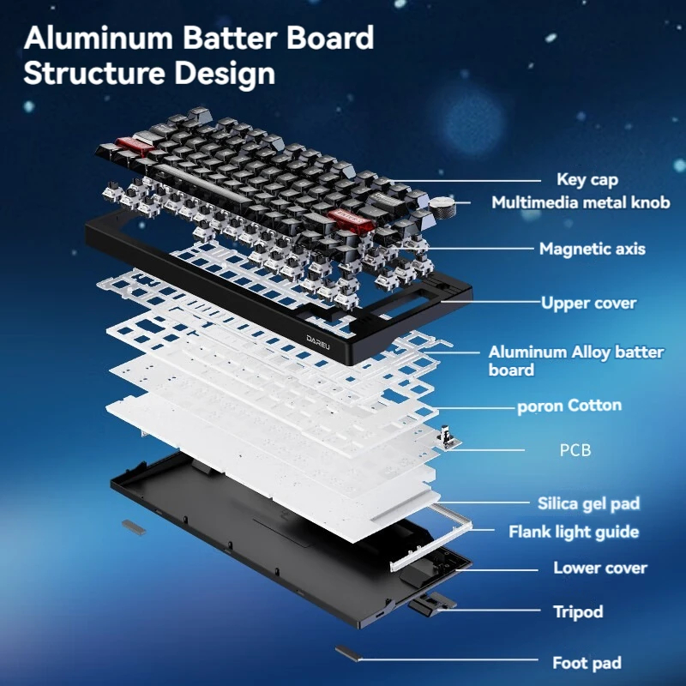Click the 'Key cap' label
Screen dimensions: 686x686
tap(587, 179)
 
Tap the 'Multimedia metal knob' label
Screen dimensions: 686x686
tap(581, 202)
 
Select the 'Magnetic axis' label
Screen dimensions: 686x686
tap(592, 249)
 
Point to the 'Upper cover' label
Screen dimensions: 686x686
tap(588, 303)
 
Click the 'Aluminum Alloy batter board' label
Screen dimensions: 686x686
tap(575, 361)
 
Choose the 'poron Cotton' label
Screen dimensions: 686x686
tap(569, 406)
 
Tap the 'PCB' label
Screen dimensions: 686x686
tap(575, 449)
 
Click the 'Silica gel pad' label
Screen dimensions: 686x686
tap(588, 503)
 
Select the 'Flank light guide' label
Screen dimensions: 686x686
tap(574, 532)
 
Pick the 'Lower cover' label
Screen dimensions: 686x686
tap(599, 568)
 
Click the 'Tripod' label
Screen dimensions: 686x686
tap(578, 612)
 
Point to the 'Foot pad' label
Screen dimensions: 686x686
tap(587, 663)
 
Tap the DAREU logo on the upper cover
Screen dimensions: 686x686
tap(318, 341)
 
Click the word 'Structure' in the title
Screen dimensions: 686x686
tap(94, 73)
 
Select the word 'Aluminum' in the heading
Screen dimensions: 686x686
tap(99, 38)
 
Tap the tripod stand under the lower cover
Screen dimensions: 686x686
tap(431, 605)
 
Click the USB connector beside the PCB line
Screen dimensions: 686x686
tap(447, 438)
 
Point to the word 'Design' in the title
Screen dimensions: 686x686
tap(225, 74)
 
